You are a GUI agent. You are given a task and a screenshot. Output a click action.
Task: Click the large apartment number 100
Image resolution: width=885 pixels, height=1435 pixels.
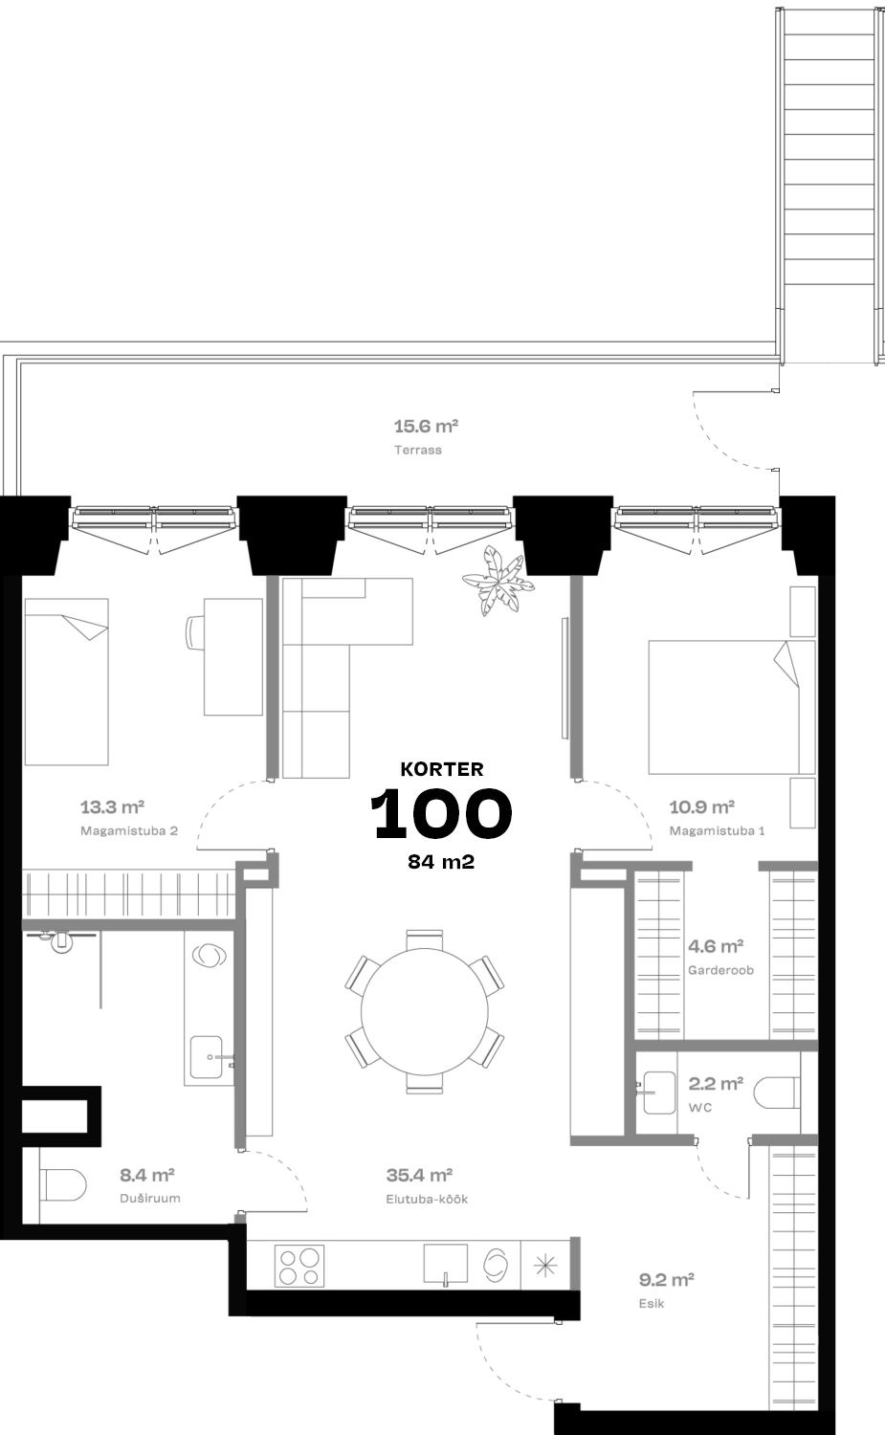point(441,813)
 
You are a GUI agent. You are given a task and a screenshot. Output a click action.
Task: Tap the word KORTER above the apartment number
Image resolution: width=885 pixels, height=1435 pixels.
point(441,769)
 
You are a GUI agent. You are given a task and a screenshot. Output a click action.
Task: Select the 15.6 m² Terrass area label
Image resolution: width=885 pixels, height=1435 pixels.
point(426,426)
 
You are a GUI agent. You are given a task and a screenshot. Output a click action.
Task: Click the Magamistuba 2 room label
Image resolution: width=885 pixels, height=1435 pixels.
point(129,831)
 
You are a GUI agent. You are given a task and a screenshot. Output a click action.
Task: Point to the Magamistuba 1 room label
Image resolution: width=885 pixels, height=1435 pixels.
point(718,831)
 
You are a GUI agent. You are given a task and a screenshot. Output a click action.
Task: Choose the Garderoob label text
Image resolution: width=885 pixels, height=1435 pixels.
point(721,970)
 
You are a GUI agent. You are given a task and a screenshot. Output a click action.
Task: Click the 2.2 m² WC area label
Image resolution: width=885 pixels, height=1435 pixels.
point(716,1084)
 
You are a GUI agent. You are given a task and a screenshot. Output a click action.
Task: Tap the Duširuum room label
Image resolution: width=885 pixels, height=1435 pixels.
point(150,1198)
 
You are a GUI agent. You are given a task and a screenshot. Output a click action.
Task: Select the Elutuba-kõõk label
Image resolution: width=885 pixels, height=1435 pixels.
point(427,1200)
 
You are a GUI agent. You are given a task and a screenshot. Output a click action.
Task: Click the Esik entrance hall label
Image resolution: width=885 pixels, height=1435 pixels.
point(652,1303)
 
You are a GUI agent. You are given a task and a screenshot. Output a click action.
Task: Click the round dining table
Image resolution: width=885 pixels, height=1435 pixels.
point(424,1011)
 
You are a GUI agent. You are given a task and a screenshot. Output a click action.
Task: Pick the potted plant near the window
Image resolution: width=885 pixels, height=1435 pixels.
point(498,581)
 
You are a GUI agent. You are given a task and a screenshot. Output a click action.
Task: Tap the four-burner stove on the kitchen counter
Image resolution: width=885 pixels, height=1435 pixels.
point(299,1266)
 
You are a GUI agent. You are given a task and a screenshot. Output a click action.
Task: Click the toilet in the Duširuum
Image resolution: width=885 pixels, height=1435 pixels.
point(63,1185)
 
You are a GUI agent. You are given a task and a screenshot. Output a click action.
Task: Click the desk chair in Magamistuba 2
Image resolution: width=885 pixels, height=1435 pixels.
point(194,632)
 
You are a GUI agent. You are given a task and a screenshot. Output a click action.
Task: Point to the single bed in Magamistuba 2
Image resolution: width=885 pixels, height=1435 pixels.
point(67,681)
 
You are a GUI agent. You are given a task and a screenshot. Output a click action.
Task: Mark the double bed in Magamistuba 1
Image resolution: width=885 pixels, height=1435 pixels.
point(731,707)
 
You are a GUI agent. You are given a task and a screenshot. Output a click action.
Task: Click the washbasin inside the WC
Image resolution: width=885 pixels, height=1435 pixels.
point(657,1093)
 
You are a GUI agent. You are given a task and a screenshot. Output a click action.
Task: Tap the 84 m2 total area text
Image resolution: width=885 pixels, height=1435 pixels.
point(441,862)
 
